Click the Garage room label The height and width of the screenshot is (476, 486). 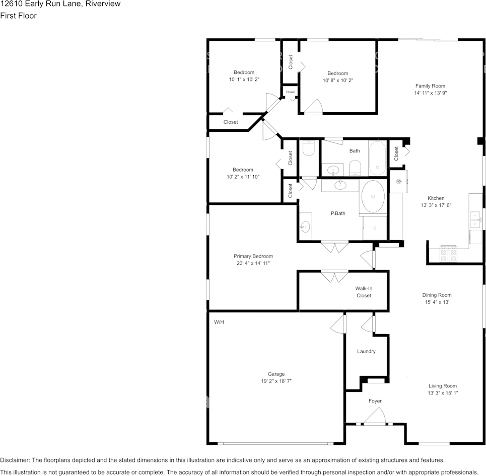pos(276,374)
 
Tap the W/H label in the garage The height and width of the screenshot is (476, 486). pos(219,322)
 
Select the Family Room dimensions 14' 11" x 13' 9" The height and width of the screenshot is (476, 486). pos(430,93)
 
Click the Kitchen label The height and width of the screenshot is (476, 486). pos(436,198)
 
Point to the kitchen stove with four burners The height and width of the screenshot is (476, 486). pos(449,254)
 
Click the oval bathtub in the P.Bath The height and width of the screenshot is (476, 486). pos(373,196)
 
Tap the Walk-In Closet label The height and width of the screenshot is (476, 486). pos(364,292)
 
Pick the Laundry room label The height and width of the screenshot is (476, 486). pos(366,351)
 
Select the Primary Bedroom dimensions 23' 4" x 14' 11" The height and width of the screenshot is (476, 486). pos(253,263)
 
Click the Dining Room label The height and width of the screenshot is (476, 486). pos(437,295)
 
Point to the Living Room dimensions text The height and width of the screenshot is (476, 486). pos(443,393)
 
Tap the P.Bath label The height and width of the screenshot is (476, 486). pos(338,213)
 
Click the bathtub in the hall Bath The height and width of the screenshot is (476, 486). pos(378,158)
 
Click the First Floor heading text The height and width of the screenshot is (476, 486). pos(18,16)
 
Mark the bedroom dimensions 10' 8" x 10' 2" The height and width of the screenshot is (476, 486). pos(338,81)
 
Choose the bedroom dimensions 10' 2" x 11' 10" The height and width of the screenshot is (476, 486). pos(243,177)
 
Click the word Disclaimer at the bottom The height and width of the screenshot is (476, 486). pos(15,460)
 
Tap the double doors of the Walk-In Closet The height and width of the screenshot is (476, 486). pos(334,277)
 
